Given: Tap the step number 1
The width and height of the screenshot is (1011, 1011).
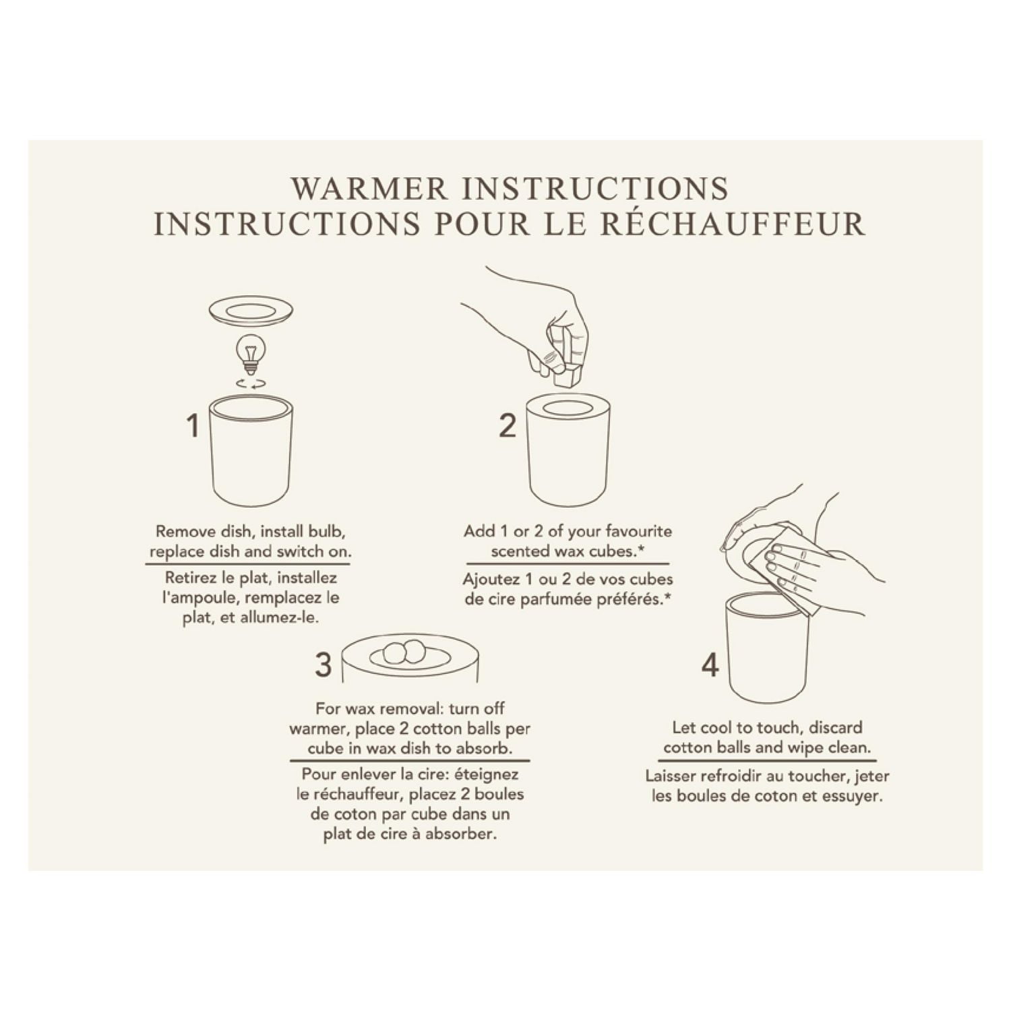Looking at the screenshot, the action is tap(193, 426).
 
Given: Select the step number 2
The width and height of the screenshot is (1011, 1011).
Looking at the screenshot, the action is tap(508, 426).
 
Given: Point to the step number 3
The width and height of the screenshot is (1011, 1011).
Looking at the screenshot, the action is tap(324, 665).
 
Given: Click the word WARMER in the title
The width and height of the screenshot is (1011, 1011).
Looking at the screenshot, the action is tap(369, 188).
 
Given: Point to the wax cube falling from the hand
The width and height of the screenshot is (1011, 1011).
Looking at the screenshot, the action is tap(568, 373).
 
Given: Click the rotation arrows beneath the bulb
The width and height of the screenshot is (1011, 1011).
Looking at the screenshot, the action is tap(250, 384).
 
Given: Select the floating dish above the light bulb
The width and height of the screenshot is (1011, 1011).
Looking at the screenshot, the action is tap(250, 312).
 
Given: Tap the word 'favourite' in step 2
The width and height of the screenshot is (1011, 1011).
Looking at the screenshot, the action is tap(639, 531).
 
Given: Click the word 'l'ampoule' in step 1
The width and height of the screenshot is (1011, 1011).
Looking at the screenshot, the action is tap(200, 599).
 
